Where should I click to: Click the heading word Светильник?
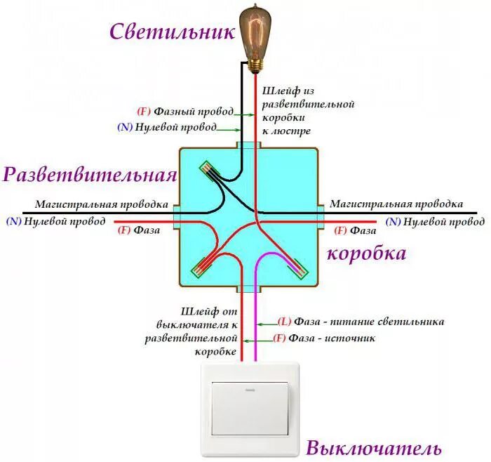[172, 32]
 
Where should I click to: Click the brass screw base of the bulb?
[255, 67]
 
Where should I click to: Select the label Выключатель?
[374, 448]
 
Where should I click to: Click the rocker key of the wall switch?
[250, 409]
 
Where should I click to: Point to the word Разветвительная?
[90, 175]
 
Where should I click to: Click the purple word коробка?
[367, 253]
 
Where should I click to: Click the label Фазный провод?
[194, 112]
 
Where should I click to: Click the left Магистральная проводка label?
[102, 204]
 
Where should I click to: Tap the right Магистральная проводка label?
[396, 204]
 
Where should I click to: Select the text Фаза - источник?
[332, 338]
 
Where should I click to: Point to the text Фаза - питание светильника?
[370, 322]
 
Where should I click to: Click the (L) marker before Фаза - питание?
[284, 322]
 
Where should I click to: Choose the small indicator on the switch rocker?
[250, 390]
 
